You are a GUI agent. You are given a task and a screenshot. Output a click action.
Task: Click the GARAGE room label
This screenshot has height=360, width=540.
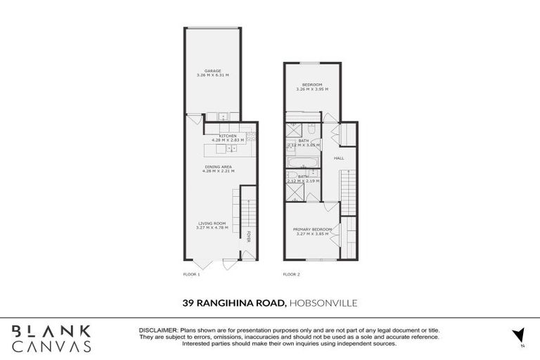(212, 70)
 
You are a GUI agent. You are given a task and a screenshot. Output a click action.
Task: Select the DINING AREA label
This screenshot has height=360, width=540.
(217, 167)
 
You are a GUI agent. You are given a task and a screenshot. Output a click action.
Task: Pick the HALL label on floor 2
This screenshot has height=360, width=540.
(339, 158)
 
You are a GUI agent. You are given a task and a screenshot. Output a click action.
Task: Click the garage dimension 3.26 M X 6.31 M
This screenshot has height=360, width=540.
(212, 75)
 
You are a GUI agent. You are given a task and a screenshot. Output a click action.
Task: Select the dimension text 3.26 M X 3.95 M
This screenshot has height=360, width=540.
(311, 89)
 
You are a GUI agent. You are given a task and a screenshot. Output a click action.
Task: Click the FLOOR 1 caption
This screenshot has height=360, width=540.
(191, 274)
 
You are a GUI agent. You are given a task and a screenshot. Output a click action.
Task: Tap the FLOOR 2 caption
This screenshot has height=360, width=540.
(291, 274)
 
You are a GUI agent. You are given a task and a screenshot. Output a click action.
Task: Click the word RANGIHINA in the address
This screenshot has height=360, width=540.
(239, 303)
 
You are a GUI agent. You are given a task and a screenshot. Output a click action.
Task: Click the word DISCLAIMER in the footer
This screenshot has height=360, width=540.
(160, 330)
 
